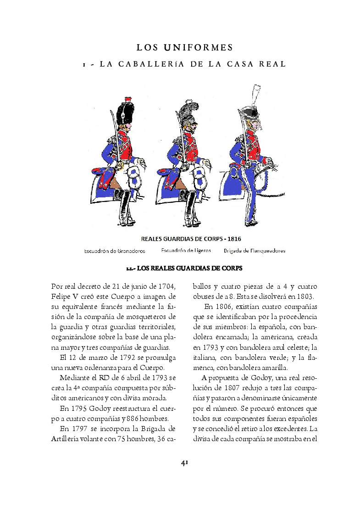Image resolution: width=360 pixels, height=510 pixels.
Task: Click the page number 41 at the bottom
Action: (x=184, y=463)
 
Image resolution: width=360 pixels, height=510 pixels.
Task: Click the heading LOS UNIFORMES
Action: (x=185, y=47)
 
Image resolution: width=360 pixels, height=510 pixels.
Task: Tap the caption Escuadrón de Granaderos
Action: (x=114, y=251)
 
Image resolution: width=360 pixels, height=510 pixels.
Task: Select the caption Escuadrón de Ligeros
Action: (x=186, y=251)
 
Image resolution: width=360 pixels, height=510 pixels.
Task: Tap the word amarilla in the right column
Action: (x=273, y=368)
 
